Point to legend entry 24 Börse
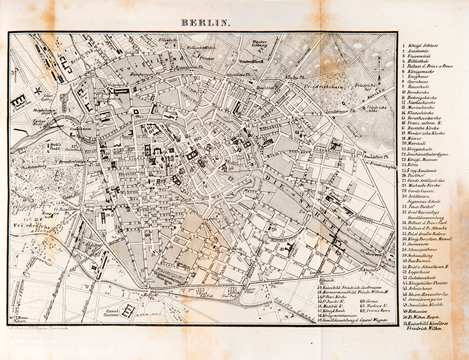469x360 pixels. click(x=414, y=165)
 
